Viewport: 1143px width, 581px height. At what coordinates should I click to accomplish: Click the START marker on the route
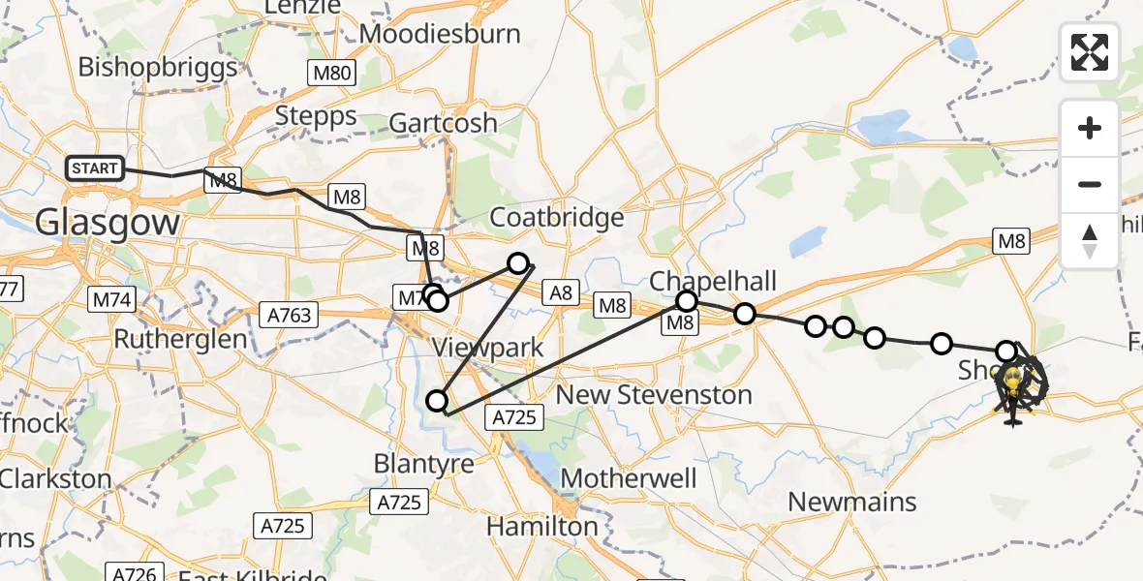pos(94,168)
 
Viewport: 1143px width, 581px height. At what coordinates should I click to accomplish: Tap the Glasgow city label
pos(108,224)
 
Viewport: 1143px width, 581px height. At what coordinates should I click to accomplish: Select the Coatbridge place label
pos(557,217)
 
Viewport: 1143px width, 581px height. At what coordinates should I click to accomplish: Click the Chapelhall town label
pos(713,281)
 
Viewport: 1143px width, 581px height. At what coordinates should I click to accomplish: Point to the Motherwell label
pos(629,478)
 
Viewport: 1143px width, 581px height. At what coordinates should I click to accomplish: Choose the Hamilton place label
pos(541,527)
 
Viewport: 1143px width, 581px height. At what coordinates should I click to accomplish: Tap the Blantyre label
pos(424,464)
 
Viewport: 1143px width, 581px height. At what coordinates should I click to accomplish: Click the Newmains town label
pos(852,502)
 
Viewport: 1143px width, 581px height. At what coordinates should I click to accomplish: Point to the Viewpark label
pos(488,348)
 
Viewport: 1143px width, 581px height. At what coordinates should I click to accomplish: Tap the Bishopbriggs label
pos(158,67)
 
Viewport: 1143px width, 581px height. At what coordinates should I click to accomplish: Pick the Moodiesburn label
pos(440,34)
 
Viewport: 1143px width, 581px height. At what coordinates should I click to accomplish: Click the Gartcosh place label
pos(443,123)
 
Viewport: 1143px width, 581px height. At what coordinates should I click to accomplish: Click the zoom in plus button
pos(1090,128)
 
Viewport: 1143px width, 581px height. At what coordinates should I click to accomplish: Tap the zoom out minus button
pos(1090,184)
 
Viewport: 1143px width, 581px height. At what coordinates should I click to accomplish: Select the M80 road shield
pos(332,72)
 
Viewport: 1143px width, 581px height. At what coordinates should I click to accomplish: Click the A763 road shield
pos(290,314)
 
